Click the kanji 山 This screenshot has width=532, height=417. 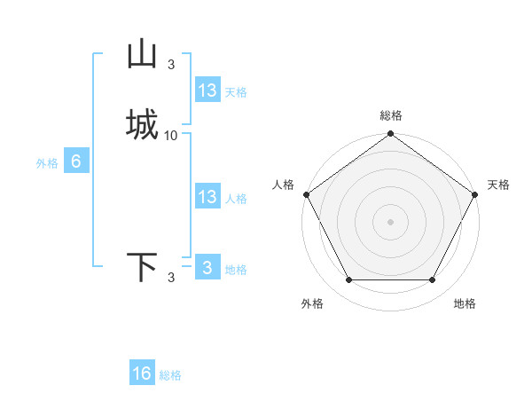pos(143,55)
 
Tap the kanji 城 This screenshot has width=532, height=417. pos(143,124)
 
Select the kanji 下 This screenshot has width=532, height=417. pos(143,267)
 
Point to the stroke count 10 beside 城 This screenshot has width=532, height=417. pos(171,136)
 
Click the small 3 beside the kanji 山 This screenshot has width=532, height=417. pos(171,64)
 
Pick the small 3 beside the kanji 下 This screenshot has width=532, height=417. pos(171,278)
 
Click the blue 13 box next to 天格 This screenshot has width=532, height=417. pos(207,90)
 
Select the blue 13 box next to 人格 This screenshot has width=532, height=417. pos(207,197)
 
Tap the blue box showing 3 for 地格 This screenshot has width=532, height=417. pos(207,268)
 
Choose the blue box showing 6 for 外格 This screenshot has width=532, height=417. pos(76,161)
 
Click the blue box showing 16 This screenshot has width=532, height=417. pos(142,374)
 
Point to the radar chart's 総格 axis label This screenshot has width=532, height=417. pos(391,116)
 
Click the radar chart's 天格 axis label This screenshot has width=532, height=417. pos(498,185)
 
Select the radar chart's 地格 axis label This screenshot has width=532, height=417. pos(465,304)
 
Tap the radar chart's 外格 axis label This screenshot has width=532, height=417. pos(312,304)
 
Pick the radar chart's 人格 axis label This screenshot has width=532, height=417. pos(284,185)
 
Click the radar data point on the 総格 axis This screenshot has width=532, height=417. pos(391,135)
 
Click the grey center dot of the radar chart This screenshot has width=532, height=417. pos(391,222)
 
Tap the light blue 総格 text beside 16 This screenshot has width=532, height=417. pos(170,375)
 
